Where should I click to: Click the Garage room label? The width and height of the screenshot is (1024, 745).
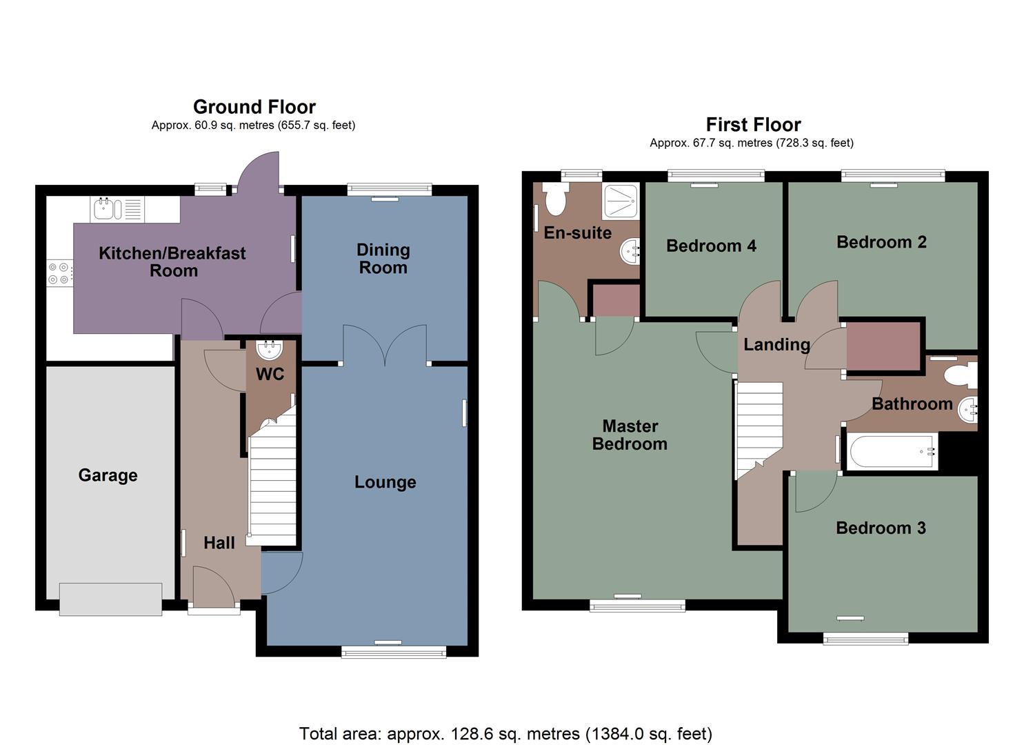(108, 475)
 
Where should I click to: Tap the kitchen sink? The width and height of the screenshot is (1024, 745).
(104, 209)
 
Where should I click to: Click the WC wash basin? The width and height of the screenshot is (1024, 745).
(268, 350)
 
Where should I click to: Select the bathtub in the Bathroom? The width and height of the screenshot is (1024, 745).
(891, 453)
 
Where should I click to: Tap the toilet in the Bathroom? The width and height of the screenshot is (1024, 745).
(960, 375)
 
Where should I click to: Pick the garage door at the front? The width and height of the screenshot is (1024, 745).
(110, 599)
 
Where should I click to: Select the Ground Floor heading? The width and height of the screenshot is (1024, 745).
(254, 107)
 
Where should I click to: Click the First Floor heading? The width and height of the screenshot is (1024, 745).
(753, 125)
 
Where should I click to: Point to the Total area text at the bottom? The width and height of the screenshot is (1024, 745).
(505, 733)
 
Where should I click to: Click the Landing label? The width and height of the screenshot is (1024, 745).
(776, 344)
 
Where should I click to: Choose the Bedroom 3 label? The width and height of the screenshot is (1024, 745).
(881, 528)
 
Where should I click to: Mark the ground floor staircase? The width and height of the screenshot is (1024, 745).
(272, 483)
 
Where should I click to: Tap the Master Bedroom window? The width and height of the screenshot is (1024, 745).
(637, 606)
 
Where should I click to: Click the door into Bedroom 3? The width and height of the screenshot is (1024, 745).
(814, 493)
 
